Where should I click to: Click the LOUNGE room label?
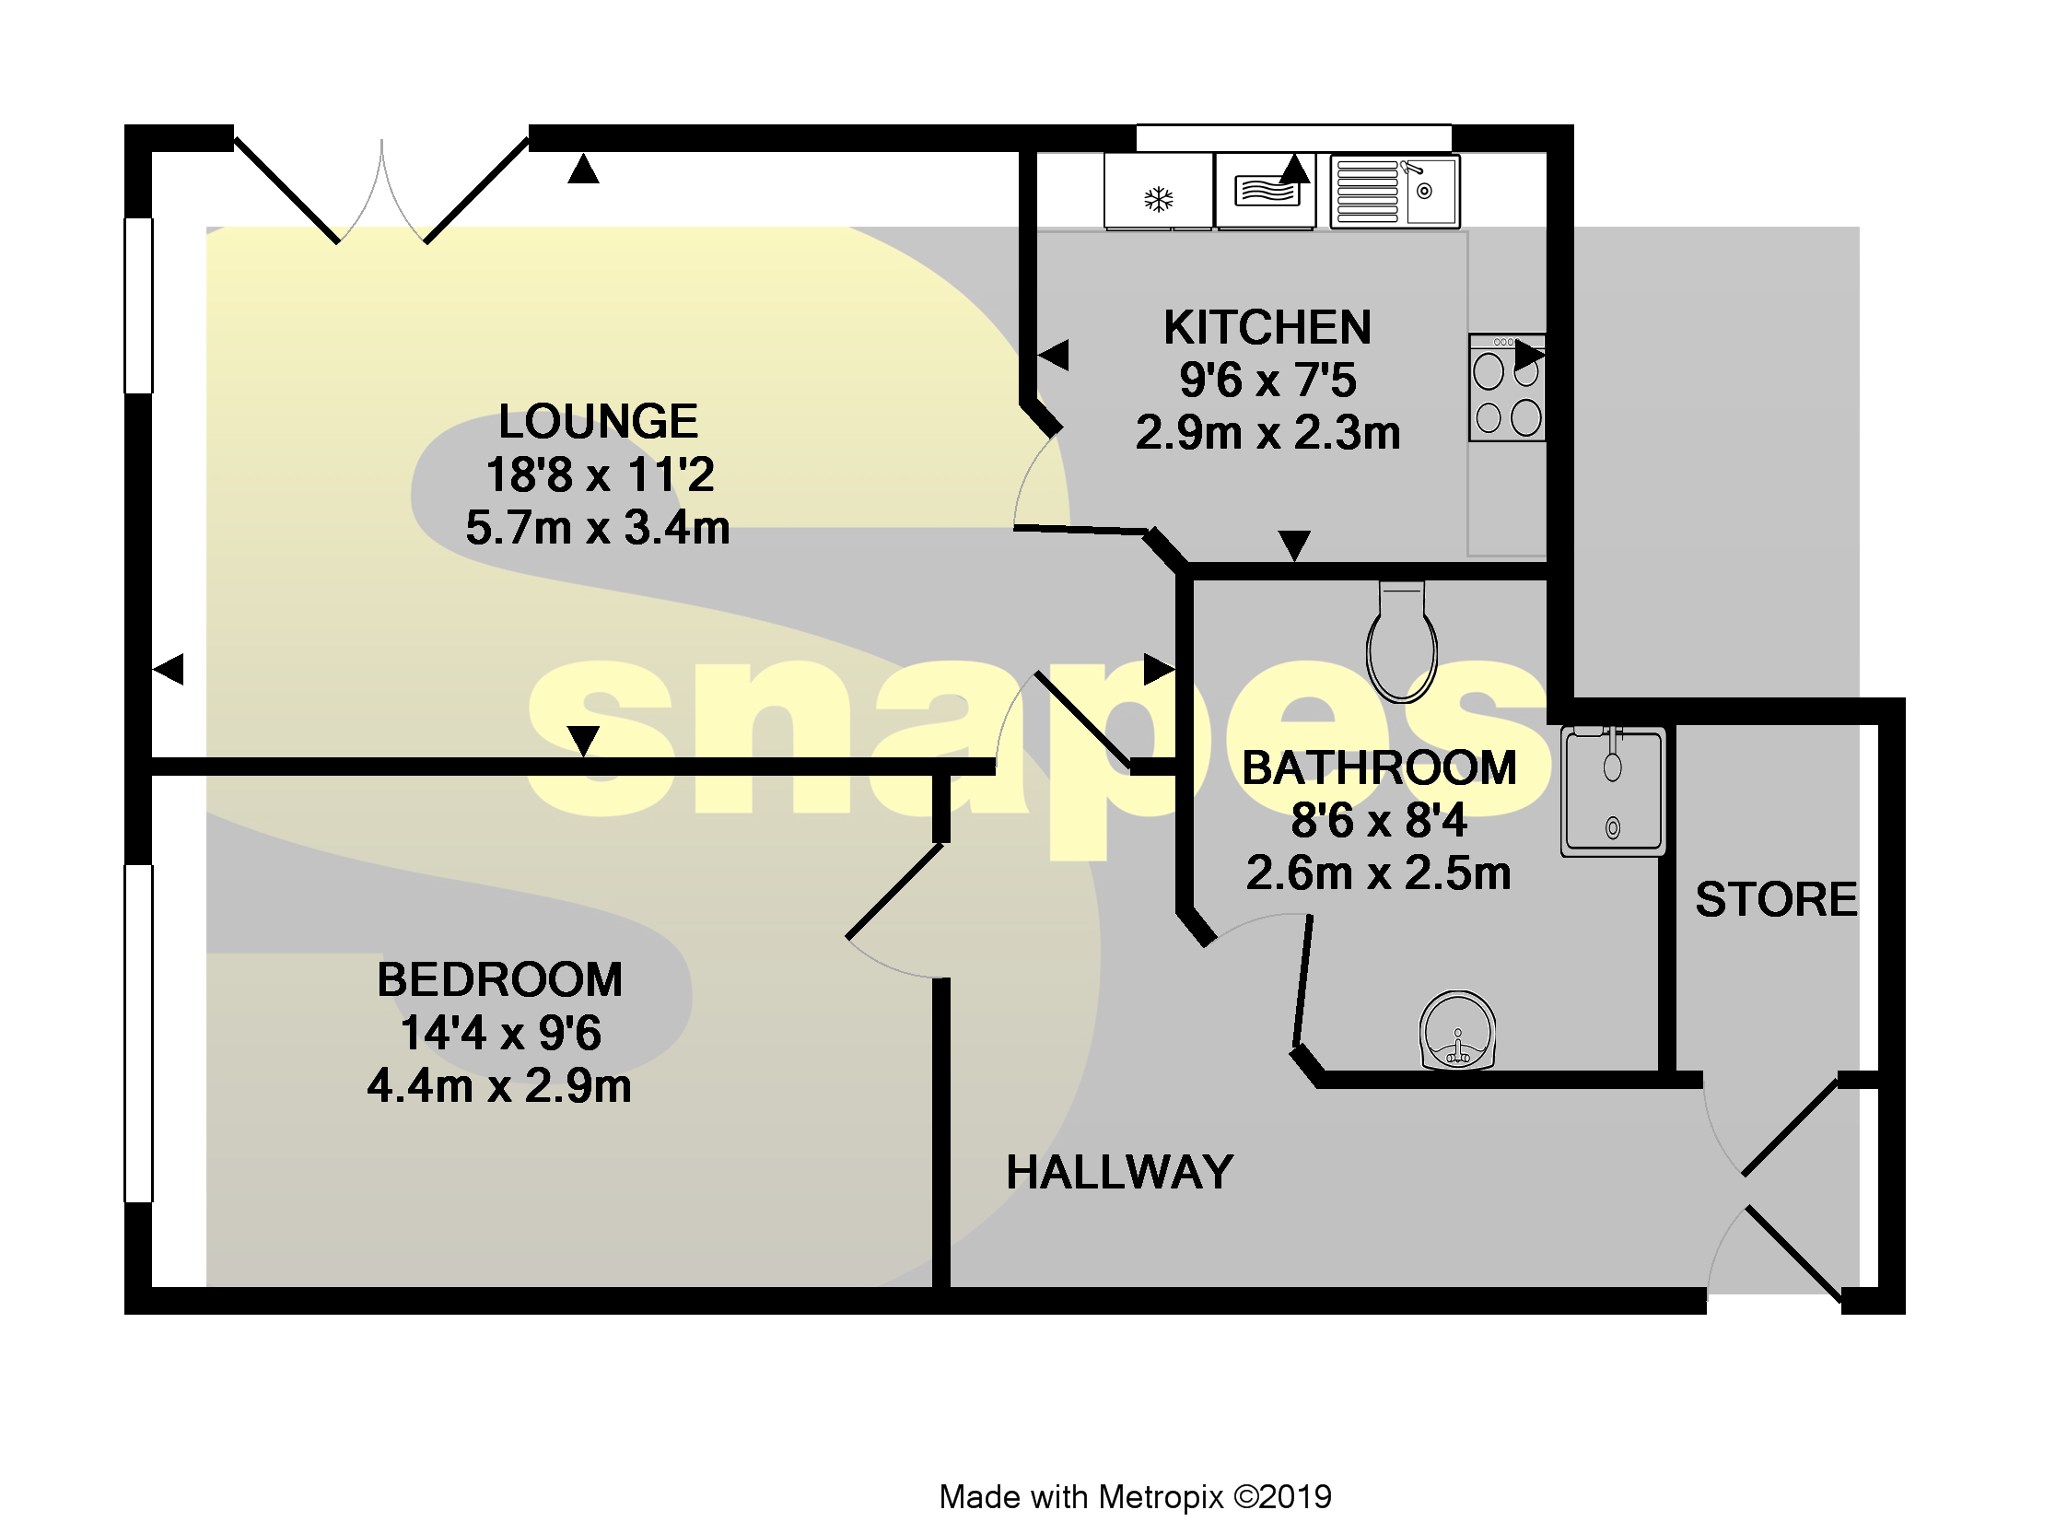tap(598, 422)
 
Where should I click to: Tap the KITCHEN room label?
tap(1267, 328)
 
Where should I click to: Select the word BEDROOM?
tap(499, 980)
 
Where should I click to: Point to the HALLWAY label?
tap(1119, 1173)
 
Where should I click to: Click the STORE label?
tap(1776, 900)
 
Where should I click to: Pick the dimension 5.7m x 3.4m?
tap(598, 529)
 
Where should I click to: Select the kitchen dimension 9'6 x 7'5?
tap(1267, 380)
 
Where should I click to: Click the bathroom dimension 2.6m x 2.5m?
tap(1378, 873)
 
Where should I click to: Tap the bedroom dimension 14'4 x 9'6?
tap(500, 1033)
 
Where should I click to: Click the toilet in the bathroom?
tap(1402, 643)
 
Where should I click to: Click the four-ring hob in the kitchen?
tap(1507, 389)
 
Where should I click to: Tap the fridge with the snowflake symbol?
tap(1159, 192)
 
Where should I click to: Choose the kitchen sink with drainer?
tap(1395, 192)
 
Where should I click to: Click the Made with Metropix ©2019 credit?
tap(1135, 1497)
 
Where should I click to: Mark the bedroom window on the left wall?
tap(139, 1034)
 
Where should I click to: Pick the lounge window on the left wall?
tap(139, 306)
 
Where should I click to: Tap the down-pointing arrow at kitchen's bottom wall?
tap(1294, 544)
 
